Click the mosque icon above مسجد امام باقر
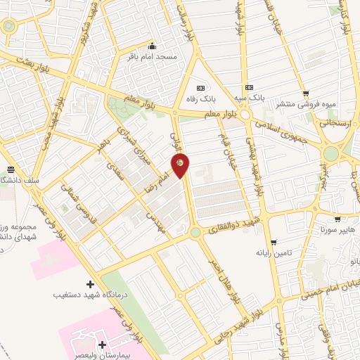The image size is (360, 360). click(149, 44)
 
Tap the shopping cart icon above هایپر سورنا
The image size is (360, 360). click(337, 219)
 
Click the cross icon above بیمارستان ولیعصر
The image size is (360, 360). click(103, 344)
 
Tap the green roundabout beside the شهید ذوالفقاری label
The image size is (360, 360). click(195, 232)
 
